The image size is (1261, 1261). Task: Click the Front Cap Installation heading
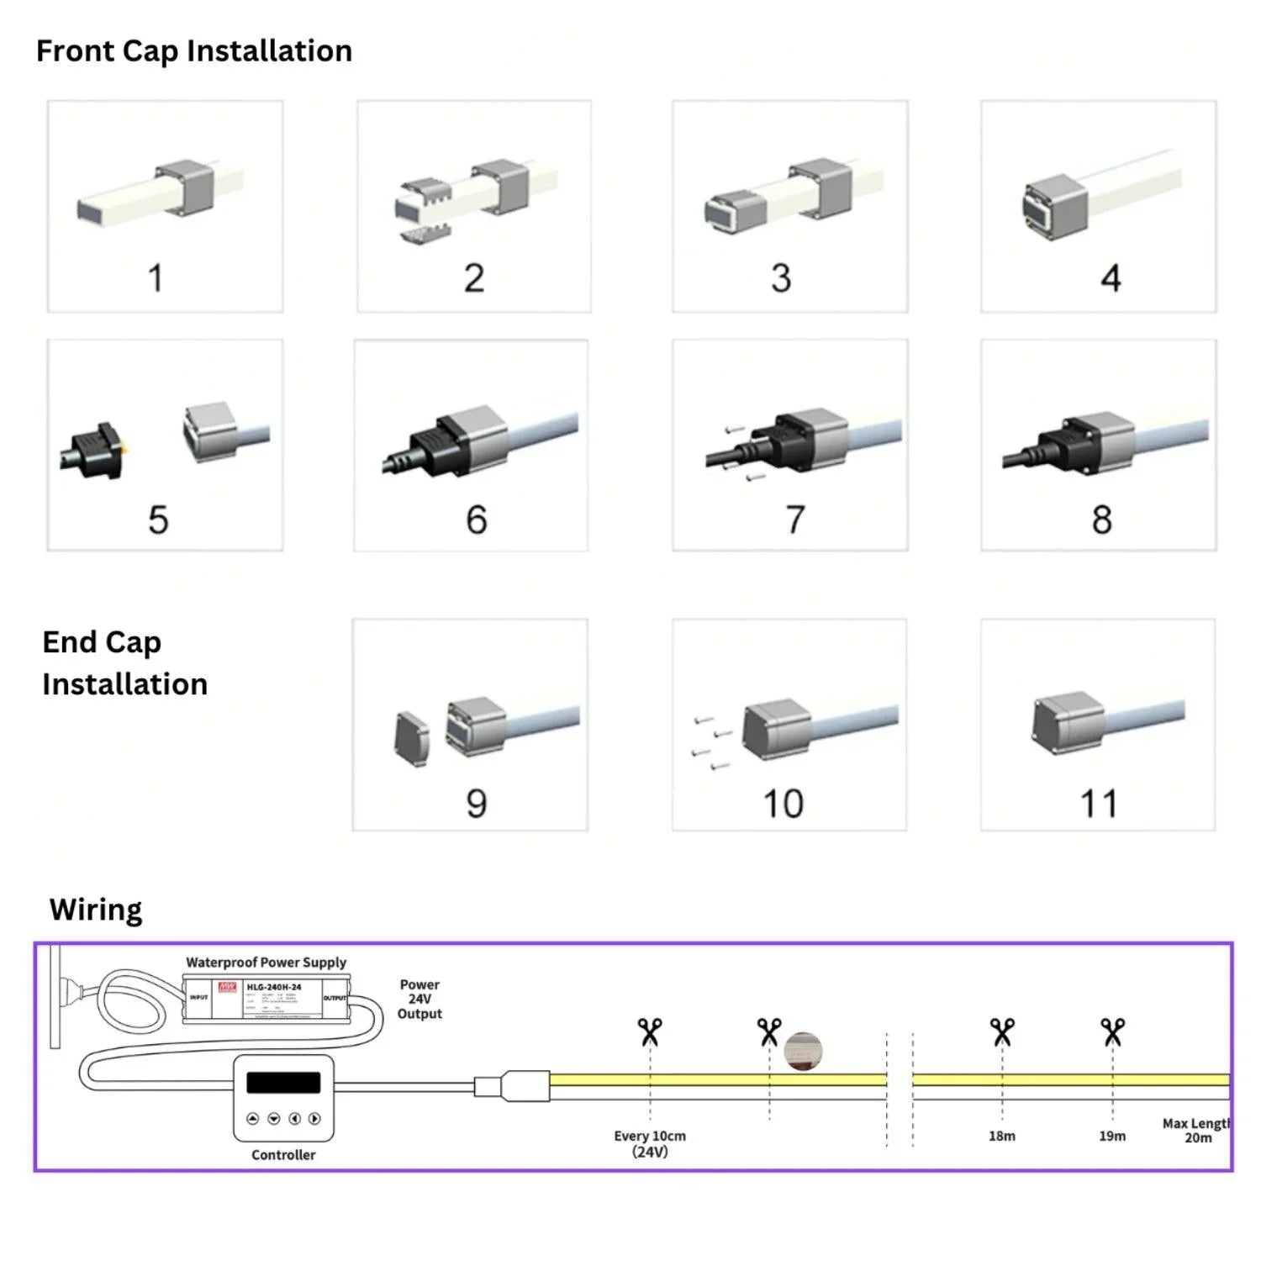[193, 51]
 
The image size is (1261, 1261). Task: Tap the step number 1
[156, 278]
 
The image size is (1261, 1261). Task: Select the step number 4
[1111, 278]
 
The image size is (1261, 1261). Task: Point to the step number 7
[795, 520]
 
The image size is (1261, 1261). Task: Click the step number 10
[783, 804]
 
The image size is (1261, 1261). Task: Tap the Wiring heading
[96, 910]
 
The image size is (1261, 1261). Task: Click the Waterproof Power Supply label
[266, 963]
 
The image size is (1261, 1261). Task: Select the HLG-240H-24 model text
[273, 987]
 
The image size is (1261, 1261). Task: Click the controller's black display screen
[283, 1082]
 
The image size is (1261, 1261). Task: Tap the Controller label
[283, 1155]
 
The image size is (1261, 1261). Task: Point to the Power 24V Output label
[419, 999]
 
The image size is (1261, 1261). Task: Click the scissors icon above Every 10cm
[650, 1031]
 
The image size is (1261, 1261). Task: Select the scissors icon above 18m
[1001, 1031]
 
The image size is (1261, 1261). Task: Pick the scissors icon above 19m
[1112, 1031]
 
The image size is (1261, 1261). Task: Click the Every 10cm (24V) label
[650, 1143]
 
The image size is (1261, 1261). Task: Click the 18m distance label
[1001, 1136]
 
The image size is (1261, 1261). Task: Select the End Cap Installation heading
[124, 663]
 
